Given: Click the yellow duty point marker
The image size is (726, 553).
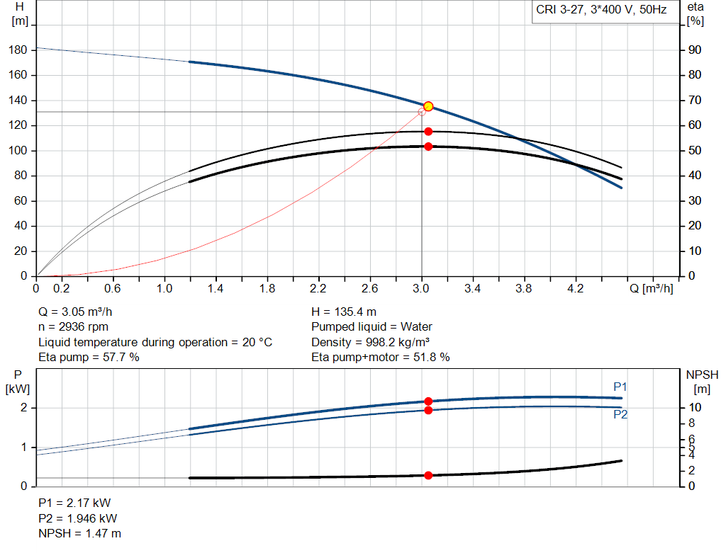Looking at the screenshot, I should tap(428, 106).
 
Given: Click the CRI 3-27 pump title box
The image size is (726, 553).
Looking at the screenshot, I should tap(601, 11).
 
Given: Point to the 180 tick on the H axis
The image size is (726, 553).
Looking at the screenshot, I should tap(20, 50).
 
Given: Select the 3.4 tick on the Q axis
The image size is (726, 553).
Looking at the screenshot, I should tap(472, 289).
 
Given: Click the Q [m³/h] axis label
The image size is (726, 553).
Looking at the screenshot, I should tap(650, 289).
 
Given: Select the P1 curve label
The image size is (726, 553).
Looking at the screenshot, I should tap(620, 387).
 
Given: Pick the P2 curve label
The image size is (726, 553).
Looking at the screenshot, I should tap(620, 415).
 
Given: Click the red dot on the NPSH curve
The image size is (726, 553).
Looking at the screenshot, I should tap(428, 475).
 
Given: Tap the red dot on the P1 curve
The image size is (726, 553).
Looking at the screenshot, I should tap(428, 401).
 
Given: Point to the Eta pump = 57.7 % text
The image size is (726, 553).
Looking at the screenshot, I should tap(89, 358).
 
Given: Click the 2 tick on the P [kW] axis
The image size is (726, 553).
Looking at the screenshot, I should tap(23, 408).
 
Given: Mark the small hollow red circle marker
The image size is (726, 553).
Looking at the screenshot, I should tap(422, 111).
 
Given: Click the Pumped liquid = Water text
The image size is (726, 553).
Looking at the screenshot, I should tap(372, 327).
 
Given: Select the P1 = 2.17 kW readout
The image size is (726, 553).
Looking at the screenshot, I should tap(74, 503).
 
